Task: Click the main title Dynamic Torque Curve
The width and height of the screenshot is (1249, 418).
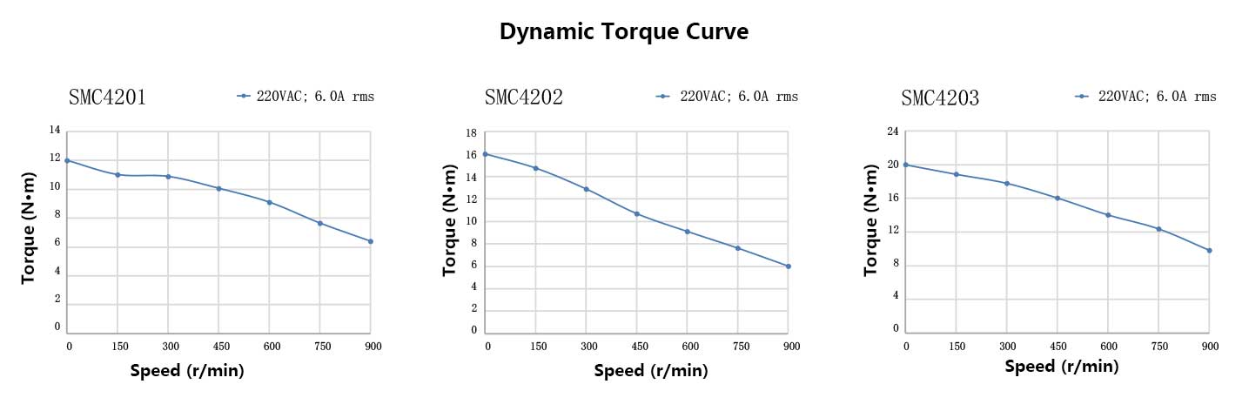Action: point(624,32)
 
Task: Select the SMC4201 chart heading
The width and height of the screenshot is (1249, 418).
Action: point(107,98)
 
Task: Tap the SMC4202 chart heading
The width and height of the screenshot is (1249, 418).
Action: point(524,98)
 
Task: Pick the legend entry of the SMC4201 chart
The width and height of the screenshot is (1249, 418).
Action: point(306,97)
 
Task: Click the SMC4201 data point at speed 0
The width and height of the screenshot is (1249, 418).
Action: point(67,160)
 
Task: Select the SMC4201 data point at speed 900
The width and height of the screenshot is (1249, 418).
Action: point(371,241)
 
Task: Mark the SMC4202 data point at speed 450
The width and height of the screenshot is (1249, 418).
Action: point(636,213)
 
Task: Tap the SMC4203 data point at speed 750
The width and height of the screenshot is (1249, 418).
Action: point(1158,229)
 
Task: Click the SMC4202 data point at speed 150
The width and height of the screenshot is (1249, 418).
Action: point(535,168)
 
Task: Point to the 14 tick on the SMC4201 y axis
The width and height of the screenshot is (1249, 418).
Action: point(55,131)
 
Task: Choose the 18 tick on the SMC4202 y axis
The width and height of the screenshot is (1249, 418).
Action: point(471,133)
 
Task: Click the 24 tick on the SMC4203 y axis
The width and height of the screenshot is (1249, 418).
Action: point(892,132)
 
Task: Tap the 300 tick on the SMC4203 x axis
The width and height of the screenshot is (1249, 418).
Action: point(1007,346)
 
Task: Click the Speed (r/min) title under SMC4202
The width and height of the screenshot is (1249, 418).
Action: point(651,371)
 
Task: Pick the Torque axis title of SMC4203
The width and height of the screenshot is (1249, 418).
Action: point(871,230)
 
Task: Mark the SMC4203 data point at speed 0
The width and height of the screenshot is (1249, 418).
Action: point(906,165)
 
